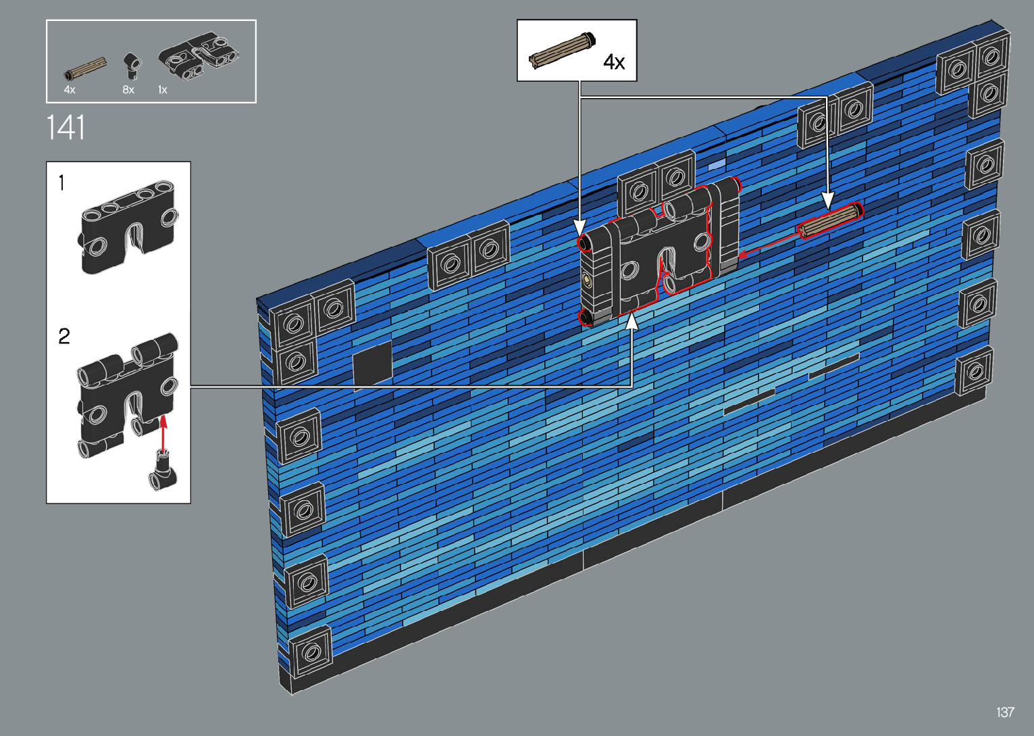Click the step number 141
66,128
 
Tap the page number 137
1005,712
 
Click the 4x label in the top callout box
614,62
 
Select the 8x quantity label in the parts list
128,90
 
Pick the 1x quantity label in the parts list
163,90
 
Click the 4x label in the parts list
70,90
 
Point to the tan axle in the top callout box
562,51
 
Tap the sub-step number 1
61,183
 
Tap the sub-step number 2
64,336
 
